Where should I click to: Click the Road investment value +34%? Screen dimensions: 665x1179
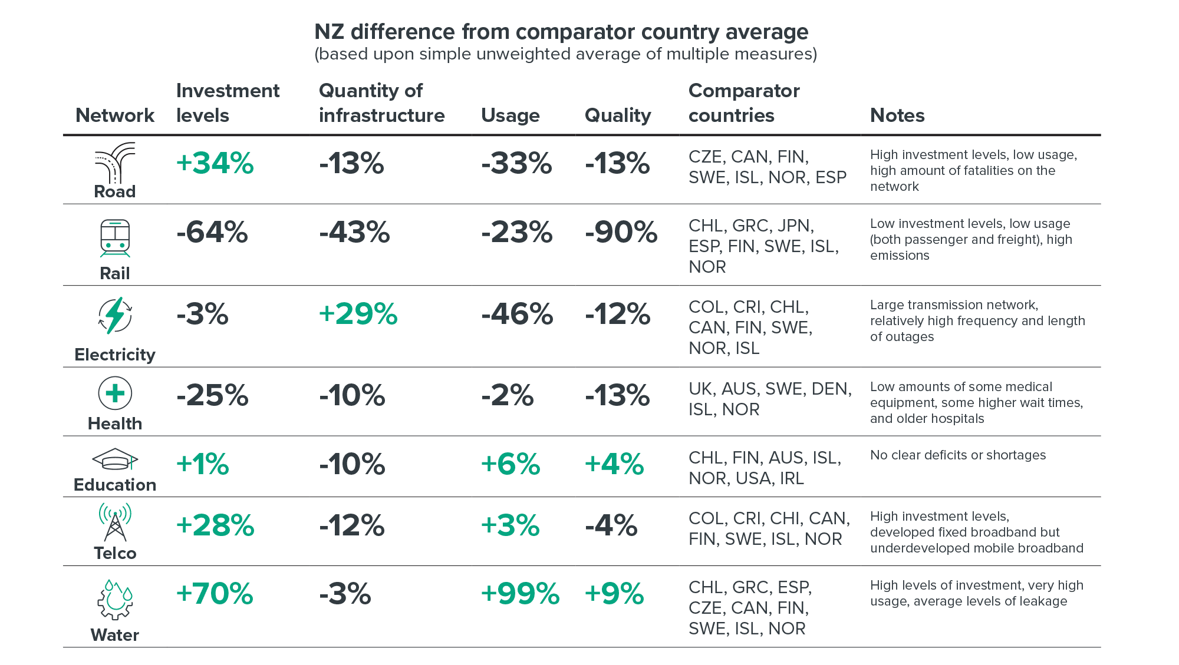coord(215,163)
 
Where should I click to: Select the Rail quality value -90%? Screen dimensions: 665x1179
coord(621,232)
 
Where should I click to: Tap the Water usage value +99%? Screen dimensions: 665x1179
coord(520,593)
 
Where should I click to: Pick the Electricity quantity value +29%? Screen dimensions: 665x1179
coord(358,314)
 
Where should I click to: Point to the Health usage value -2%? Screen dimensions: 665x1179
coord(507,395)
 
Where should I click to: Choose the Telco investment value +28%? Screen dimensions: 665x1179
coord(215,525)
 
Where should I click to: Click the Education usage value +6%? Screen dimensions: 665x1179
coord(510,464)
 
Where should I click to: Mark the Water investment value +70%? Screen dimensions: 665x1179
coord(215,593)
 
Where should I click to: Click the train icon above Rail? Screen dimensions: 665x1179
coord(115,239)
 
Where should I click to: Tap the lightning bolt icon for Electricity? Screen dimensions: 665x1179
coord(115,316)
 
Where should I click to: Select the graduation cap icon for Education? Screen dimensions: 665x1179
coord(115,459)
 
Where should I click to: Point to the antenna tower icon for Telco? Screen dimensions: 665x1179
coord(115,522)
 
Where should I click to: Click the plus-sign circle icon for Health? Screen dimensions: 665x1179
coord(115,393)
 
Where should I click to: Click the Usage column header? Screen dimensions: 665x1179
coord(510,115)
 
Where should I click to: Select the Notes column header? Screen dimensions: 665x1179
coord(897,115)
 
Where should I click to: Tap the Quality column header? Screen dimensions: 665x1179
coord(617,115)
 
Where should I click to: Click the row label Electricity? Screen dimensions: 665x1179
coord(115,355)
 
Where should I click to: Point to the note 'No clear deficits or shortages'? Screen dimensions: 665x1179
coord(958,455)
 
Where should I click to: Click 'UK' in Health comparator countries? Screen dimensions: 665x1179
coord(700,389)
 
